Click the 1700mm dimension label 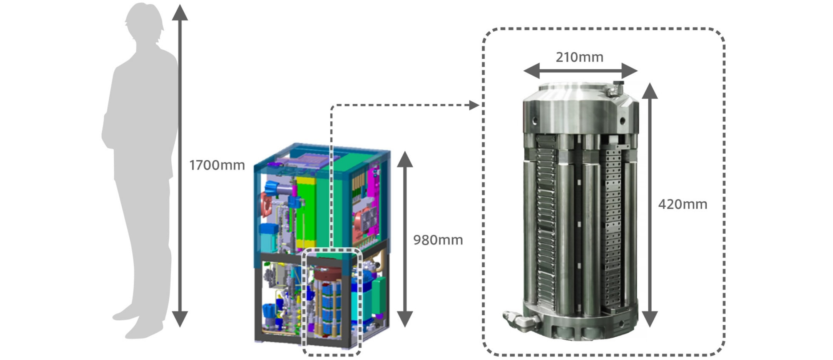[x=217, y=165]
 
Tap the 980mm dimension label [x=438, y=240]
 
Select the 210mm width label [x=579, y=57]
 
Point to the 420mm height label [x=682, y=204]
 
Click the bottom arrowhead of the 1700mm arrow [x=180, y=319]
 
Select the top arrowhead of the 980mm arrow [x=405, y=159]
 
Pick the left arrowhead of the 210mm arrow [x=531, y=71]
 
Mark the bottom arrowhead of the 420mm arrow [x=649, y=319]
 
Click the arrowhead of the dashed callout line [x=474, y=105]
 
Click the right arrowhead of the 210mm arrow [x=630, y=71]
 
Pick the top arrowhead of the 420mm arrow [x=649, y=91]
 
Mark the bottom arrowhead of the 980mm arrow [x=405, y=319]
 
